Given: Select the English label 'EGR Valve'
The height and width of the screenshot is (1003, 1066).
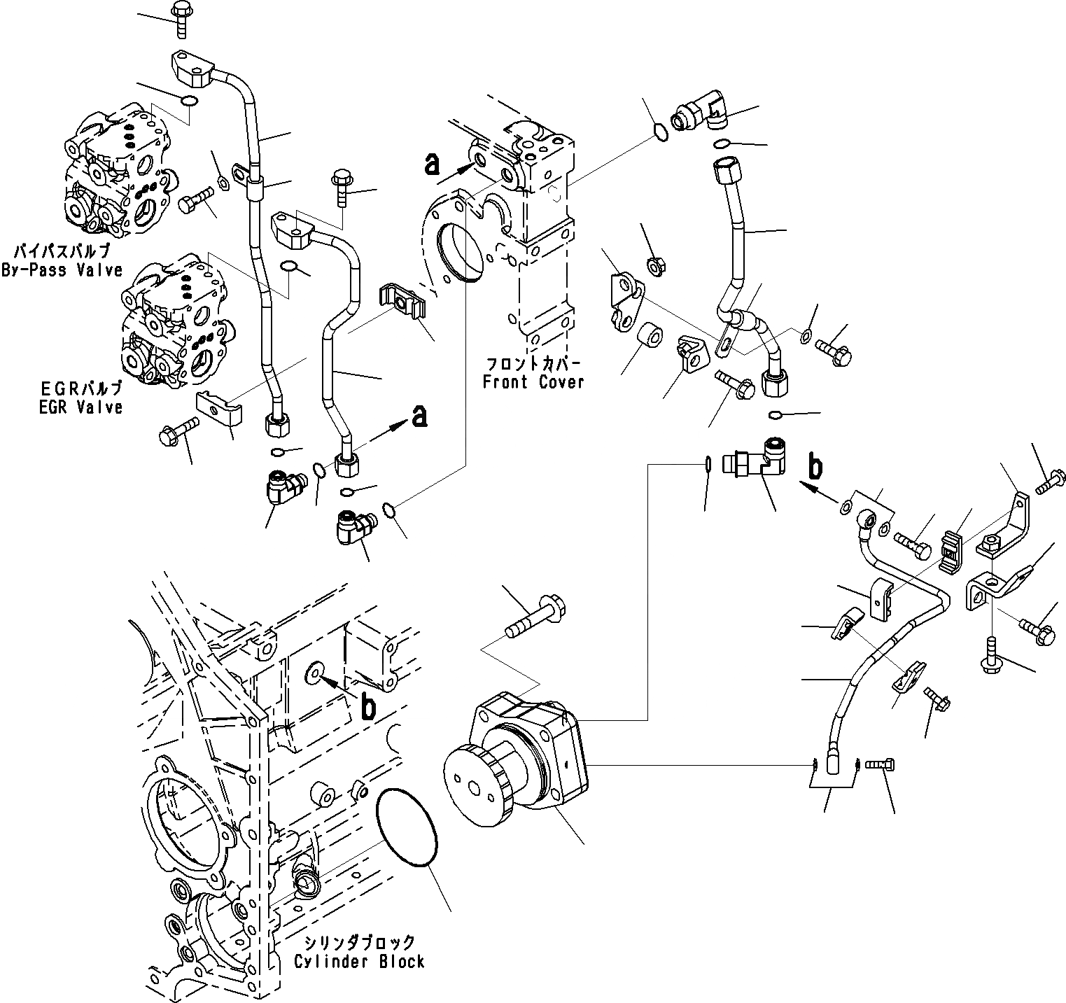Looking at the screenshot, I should (80, 407).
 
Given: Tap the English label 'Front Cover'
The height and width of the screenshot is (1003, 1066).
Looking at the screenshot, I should (533, 382).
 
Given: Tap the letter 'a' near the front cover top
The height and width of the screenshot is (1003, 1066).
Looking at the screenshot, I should (433, 164).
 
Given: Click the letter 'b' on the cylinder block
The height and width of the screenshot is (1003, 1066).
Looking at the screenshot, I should (367, 708).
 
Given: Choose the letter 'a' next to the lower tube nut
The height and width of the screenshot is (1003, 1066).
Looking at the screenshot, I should (419, 416).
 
